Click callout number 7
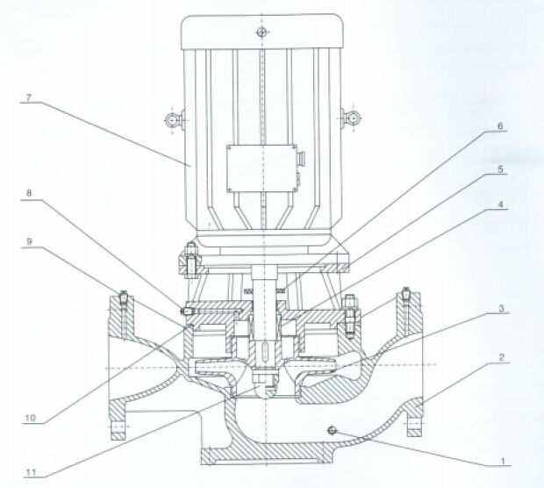(x=28, y=99)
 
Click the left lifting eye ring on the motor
(x=175, y=118)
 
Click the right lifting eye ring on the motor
(x=351, y=118)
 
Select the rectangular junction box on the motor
(x=261, y=169)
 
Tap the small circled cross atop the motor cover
(x=261, y=32)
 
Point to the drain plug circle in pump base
(x=333, y=429)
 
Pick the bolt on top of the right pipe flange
(x=405, y=295)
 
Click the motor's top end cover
(x=261, y=32)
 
